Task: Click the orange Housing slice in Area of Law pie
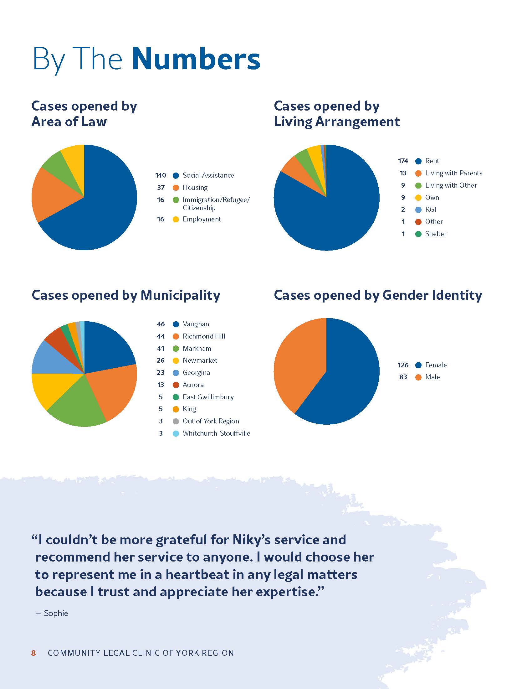click(x=54, y=196)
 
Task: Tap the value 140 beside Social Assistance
click(x=161, y=175)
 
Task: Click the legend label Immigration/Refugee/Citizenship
click(x=216, y=204)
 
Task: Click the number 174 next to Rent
click(x=403, y=161)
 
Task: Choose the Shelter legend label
click(x=436, y=234)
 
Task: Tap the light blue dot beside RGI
click(x=418, y=210)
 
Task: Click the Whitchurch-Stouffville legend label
click(x=216, y=433)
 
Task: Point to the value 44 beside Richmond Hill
click(x=161, y=336)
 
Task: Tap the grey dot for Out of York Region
click(x=176, y=421)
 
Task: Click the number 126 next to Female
click(x=403, y=365)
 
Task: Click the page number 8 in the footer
click(x=33, y=653)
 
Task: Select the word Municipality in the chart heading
click(x=180, y=295)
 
